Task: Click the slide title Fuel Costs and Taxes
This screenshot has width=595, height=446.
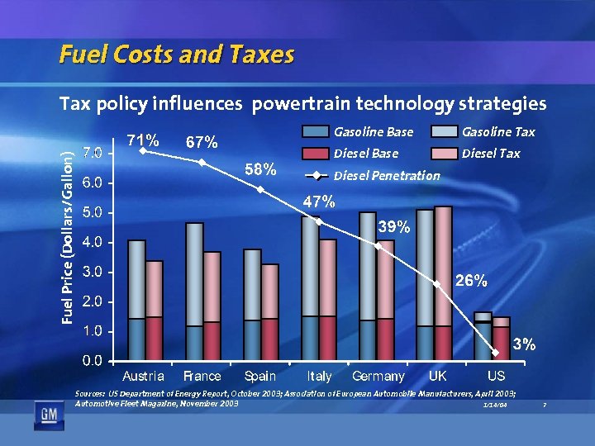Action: coord(176,55)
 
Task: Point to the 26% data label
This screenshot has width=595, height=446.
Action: coord(470,280)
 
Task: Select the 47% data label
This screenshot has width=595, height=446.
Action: coord(318,202)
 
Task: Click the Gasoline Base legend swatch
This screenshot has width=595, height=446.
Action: coord(315,131)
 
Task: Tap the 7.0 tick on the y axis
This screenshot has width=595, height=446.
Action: coord(93,153)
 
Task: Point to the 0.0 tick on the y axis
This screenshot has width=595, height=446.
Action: coord(93,360)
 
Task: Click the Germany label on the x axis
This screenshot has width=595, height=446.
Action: coord(378,377)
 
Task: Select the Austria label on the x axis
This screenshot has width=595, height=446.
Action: coord(143,377)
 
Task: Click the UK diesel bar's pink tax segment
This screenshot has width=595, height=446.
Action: coord(443,264)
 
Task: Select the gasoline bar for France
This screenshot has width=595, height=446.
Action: coord(194,273)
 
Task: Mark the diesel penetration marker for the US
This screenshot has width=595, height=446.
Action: coord(496,353)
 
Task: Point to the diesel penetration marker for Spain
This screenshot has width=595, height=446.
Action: coord(260,189)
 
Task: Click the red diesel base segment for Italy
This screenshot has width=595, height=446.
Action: coord(327,338)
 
